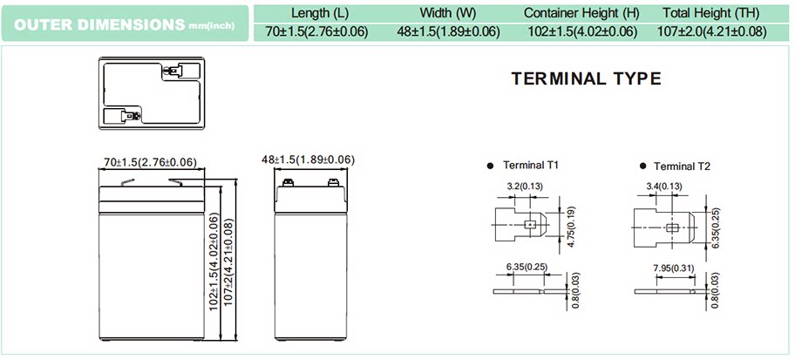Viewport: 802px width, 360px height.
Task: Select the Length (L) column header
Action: click(320, 13)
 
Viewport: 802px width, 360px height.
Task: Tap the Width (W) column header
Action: click(449, 13)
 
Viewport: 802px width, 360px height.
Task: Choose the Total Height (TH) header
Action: click(713, 13)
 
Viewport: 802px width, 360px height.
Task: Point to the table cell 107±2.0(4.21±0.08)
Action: click(713, 32)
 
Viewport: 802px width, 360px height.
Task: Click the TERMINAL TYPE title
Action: click(586, 78)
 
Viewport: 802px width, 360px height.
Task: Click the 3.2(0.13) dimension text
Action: click(522, 186)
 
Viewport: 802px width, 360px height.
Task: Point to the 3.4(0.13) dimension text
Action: click(665, 186)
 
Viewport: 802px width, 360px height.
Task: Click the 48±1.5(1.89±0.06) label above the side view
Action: click(309, 160)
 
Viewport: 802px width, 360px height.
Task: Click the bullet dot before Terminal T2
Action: click(643, 165)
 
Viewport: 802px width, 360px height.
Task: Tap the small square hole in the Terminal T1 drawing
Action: click(529, 225)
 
